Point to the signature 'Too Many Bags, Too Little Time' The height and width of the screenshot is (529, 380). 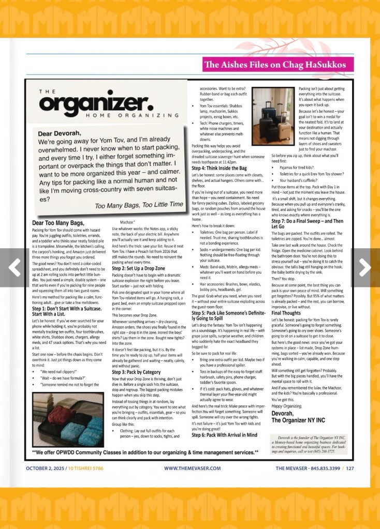click(x=139, y=205)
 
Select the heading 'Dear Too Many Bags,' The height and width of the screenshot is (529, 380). click(x=57, y=223)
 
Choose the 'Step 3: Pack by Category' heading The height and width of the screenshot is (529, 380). click(x=137, y=372)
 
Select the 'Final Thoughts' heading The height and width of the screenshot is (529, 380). click(x=286, y=313)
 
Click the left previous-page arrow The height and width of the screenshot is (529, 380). click(x=14, y=266)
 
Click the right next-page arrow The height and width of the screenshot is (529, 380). click(x=365, y=266)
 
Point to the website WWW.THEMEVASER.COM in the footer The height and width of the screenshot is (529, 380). click(x=192, y=468)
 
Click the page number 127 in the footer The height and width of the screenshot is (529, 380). click(x=350, y=468)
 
